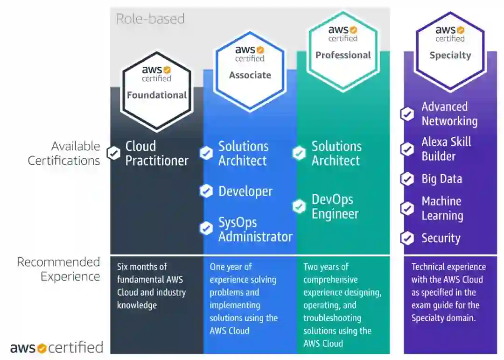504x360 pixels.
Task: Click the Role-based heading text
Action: point(150,19)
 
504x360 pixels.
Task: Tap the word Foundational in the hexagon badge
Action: point(157,95)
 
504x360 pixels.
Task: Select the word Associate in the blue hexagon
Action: point(250,75)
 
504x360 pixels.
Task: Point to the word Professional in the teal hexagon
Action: point(343,55)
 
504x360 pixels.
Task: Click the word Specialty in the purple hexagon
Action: point(450,55)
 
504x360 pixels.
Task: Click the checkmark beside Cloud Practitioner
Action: point(113,153)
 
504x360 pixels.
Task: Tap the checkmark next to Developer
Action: point(206,191)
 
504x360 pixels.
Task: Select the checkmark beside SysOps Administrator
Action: point(206,228)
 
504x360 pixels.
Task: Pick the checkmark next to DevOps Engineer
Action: point(299,206)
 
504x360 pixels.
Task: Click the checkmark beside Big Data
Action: point(407,179)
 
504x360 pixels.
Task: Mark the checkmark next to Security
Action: point(407,238)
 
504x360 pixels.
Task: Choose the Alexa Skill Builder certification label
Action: point(446,149)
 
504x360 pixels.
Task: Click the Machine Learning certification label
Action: point(442,208)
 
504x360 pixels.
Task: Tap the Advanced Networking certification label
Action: point(449,114)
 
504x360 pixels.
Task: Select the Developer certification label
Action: point(245,191)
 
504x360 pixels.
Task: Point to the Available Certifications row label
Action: point(64,153)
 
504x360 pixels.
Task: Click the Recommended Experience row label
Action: point(58,269)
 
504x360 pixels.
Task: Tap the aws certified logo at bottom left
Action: point(56,347)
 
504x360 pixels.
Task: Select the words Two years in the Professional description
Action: point(320,267)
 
